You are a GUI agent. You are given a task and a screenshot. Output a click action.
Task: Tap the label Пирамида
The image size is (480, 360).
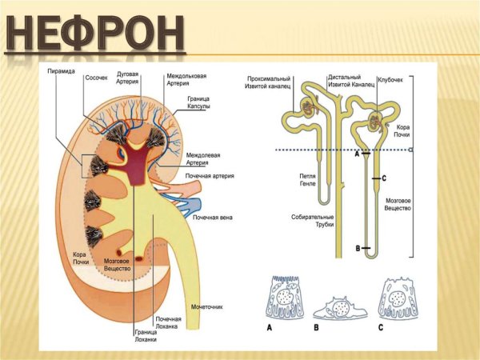(x=61, y=71)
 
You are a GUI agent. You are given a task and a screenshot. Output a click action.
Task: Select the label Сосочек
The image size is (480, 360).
(x=98, y=78)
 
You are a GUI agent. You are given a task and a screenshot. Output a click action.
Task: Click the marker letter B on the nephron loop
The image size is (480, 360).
(x=357, y=250)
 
